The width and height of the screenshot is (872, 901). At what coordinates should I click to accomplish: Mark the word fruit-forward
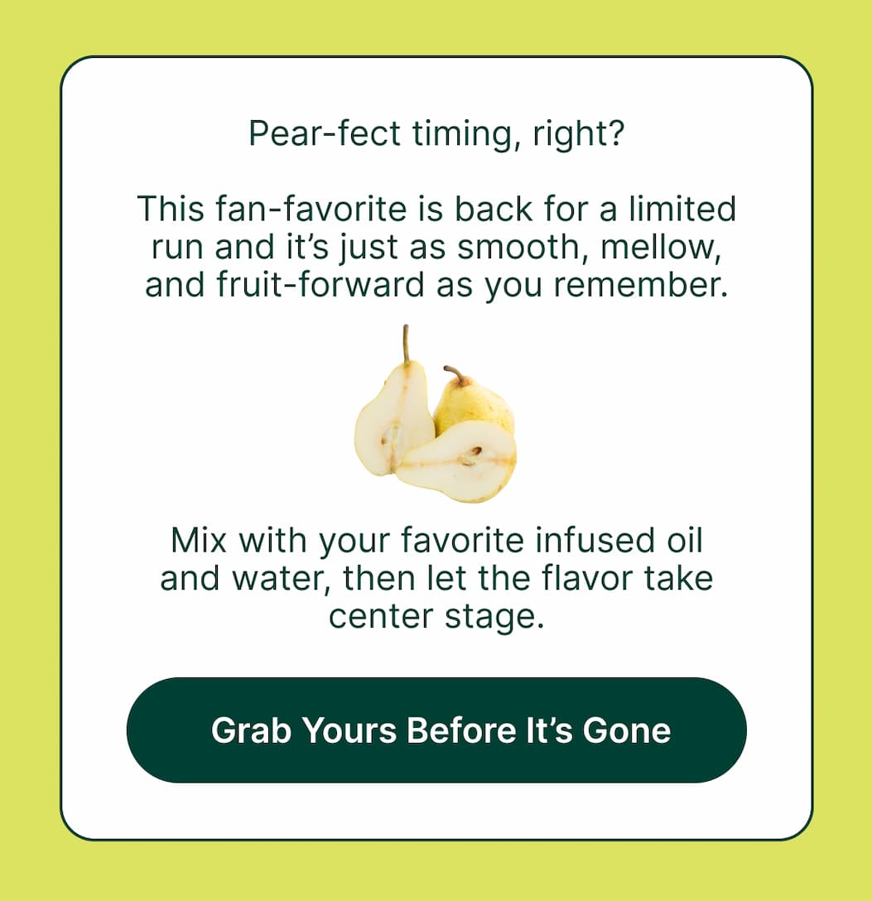point(309,285)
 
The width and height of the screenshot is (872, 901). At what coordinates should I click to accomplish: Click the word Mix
point(200,541)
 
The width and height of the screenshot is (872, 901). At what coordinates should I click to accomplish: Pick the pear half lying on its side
point(460,463)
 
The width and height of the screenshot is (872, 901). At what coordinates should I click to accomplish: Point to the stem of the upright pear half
point(406,343)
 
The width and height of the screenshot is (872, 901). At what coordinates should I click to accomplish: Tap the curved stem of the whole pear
point(455,374)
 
